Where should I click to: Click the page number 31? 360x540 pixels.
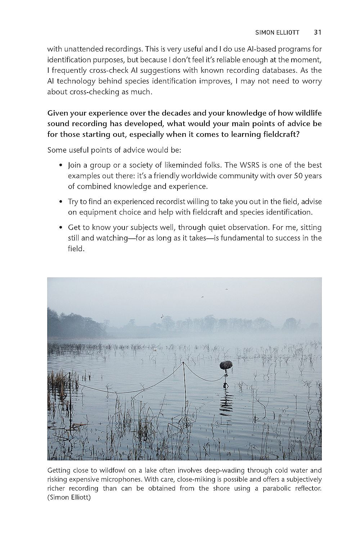tap(317, 32)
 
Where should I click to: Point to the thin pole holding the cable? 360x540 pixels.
tap(184, 382)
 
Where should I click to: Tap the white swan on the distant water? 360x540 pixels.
tap(155, 348)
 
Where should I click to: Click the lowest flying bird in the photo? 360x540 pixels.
tap(162, 316)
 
